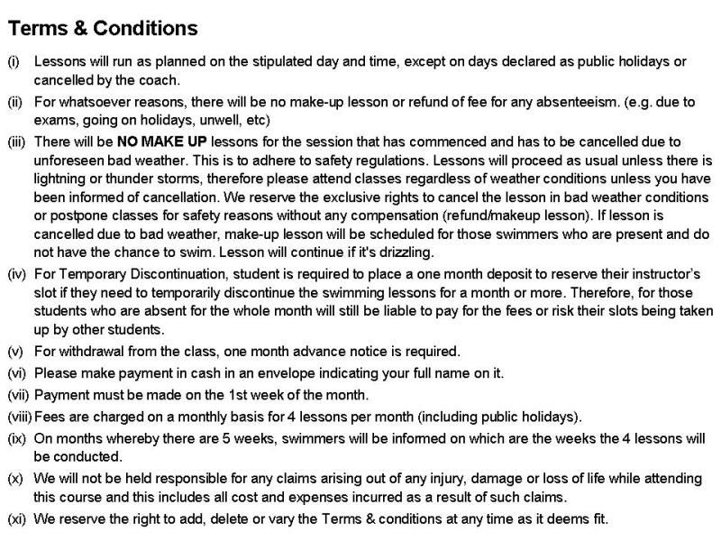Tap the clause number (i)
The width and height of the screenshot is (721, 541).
(14, 62)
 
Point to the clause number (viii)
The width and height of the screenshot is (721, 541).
(19, 417)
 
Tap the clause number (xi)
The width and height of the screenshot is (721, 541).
(16, 519)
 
